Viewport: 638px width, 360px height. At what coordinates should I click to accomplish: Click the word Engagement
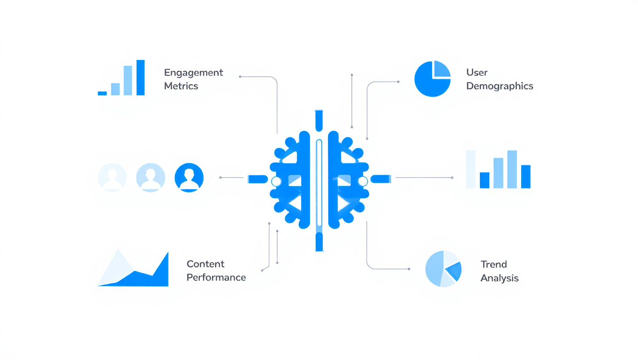193,73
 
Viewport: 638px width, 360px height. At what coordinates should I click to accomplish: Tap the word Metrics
181,86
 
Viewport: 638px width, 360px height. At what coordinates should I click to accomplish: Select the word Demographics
500,86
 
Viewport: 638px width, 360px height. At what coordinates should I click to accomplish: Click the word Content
205,264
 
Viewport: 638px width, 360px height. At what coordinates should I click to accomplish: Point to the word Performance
216,277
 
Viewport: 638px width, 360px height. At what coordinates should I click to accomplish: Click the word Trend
494,264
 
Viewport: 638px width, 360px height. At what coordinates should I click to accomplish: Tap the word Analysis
500,278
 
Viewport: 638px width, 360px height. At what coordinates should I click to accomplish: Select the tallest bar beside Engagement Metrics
140,77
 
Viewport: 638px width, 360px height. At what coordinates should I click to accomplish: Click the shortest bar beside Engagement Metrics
102,93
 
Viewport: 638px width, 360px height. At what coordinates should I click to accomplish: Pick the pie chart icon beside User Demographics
433,79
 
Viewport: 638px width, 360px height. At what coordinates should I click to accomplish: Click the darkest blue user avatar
189,178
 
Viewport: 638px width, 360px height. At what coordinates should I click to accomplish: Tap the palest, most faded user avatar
113,178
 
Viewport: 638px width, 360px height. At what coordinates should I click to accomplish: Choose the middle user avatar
151,178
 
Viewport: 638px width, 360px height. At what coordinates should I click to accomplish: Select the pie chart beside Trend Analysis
443,269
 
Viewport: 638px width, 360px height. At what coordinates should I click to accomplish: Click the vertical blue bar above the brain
319,120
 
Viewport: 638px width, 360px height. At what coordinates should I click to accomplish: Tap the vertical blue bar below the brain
319,241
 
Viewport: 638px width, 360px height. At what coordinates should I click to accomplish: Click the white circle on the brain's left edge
276,181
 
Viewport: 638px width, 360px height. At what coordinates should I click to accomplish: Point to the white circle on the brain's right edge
363,181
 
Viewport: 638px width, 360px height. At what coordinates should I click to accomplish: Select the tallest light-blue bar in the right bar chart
512,169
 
